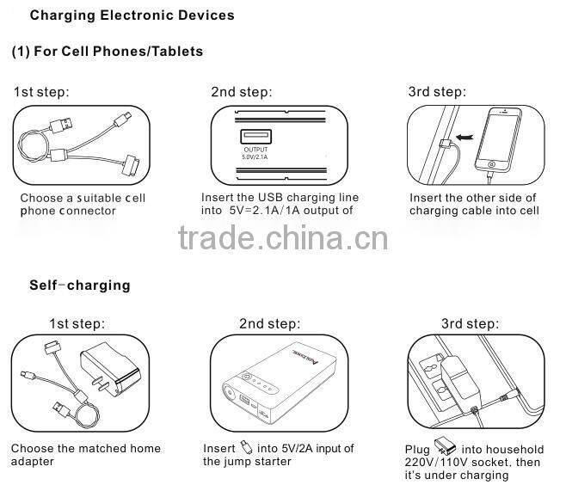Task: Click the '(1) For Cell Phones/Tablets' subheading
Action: (108, 52)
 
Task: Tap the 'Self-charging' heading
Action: (79, 285)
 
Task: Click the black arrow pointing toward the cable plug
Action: (464, 136)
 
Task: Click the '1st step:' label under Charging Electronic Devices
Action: (41, 93)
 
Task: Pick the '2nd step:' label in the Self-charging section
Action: (269, 324)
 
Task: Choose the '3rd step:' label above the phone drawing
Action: (436, 93)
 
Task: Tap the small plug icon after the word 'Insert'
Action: (247, 448)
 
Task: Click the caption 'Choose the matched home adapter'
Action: (85, 455)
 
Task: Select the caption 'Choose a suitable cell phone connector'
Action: (83, 205)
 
